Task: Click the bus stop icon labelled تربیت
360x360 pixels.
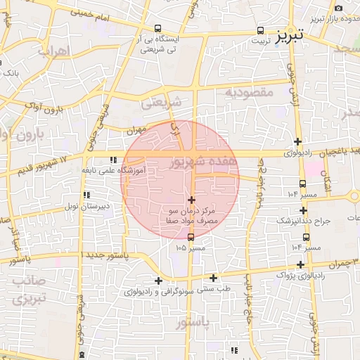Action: tap(261, 30)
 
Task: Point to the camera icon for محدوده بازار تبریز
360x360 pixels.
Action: tap(339, 8)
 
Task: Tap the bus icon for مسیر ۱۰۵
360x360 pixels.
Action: tap(191, 237)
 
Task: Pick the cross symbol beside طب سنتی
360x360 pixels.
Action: tap(213, 278)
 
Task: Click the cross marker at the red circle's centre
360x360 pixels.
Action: tap(191, 200)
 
